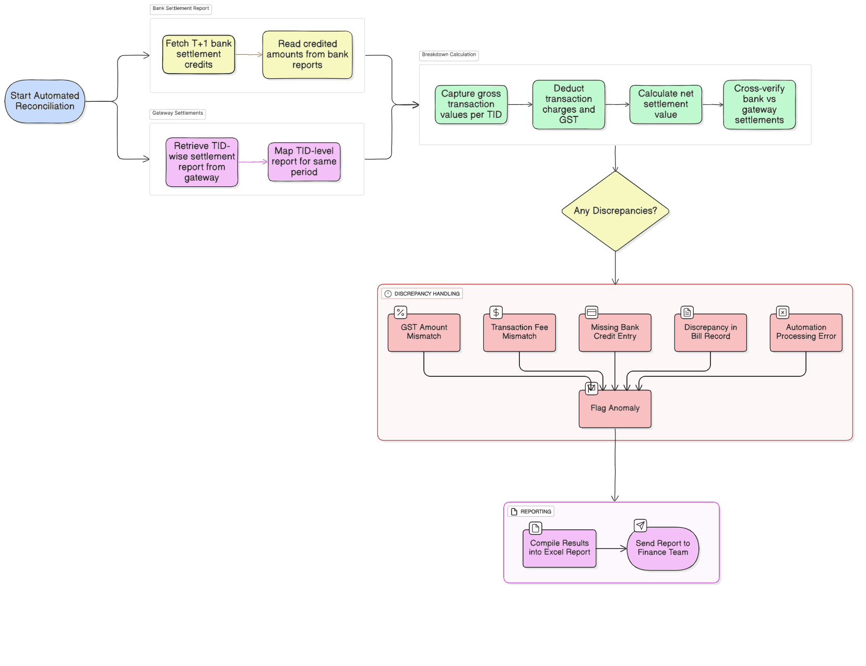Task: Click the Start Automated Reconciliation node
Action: (45, 101)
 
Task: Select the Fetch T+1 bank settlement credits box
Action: (198, 54)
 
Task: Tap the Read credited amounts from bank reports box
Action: (307, 55)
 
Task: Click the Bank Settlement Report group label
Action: (181, 8)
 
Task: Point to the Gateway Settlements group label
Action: (177, 113)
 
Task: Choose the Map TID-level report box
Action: (304, 162)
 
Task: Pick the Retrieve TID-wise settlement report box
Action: (201, 162)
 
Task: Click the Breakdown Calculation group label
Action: (449, 55)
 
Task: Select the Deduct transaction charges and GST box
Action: (568, 104)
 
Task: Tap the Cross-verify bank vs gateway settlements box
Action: (759, 104)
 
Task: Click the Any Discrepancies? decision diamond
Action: (615, 211)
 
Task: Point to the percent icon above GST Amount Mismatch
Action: (400, 313)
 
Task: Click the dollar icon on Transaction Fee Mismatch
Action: (496, 313)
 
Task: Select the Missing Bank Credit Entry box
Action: (615, 332)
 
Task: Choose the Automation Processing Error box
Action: (806, 332)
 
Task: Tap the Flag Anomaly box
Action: (615, 409)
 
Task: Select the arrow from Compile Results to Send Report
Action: (611, 549)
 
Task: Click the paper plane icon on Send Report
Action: (640, 526)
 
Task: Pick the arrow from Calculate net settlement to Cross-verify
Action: (713, 105)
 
